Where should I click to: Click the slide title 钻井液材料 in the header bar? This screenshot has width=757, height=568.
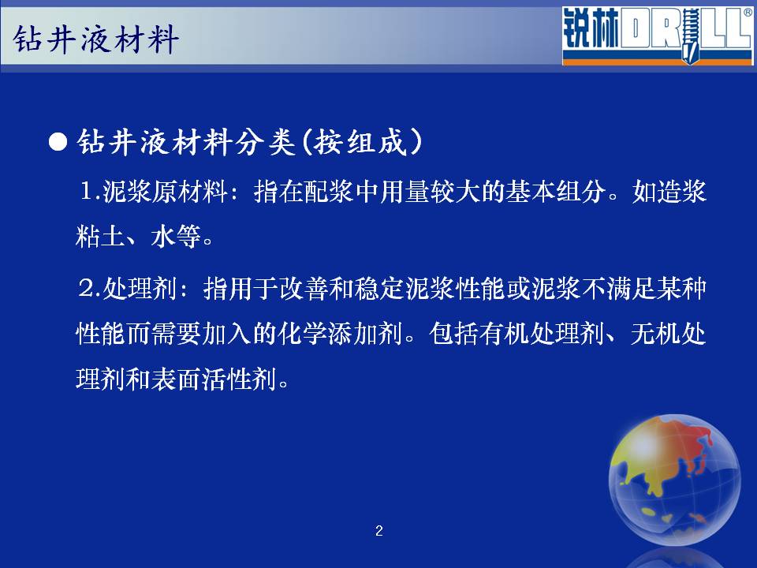pyautogui.click(x=96, y=39)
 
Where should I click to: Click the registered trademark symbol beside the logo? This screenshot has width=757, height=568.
pyautogui.click(x=748, y=13)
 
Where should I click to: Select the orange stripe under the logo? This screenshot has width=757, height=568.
pyautogui.click(x=657, y=62)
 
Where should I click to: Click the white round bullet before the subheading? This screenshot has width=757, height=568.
pyautogui.click(x=58, y=143)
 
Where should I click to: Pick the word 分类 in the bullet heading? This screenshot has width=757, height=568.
pyautogui.click(x=265, y=143)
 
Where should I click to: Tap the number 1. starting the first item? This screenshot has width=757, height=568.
pyautogui.click(x=90, y=192)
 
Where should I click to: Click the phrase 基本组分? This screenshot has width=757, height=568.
pyautogui.click(x=555, y=192)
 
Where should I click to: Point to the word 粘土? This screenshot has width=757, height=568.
pyautogui.click(x=100, y=237)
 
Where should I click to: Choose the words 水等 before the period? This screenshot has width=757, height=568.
pyautogui.click(x=176, y=237)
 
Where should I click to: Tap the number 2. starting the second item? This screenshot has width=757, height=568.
pyautogui.click(x=89, y=289)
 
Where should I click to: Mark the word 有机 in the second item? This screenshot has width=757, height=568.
pyautogui.click(x=505, y=334)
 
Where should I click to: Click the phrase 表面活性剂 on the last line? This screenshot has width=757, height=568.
pyautogui.click(x=214, y=379)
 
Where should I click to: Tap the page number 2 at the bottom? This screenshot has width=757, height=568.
pyautogui.click(x=379, y=531)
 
